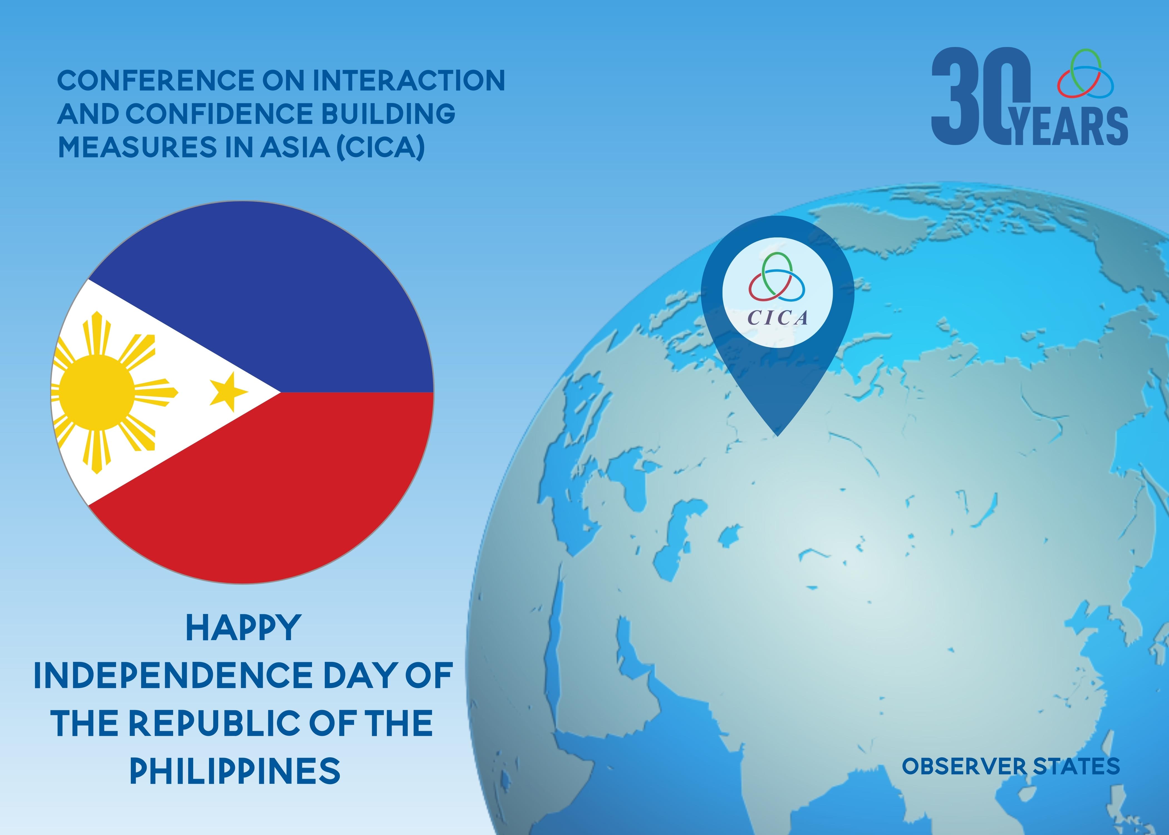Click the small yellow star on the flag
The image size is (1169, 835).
(x=228, y=392)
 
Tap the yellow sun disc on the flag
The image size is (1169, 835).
(x=96, y=392)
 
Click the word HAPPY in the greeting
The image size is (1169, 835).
(x=243, y=628)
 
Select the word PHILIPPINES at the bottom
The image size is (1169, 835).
(x=235, y=770)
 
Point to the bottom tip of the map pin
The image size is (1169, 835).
(x=778, y=436)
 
